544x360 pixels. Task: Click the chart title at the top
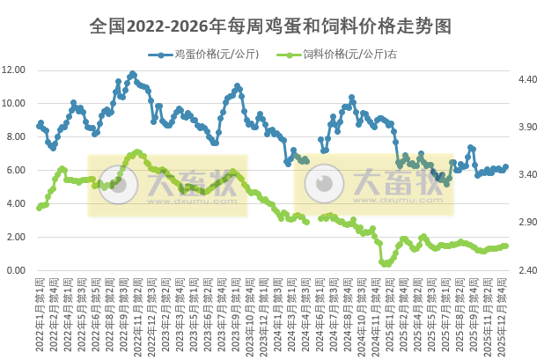271,26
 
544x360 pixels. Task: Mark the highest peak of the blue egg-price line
133,74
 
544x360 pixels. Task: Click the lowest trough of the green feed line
384,263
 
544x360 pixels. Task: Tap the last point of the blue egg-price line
505,166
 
